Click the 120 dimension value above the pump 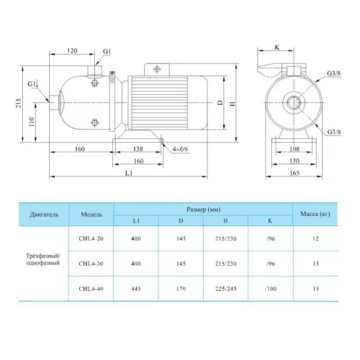pyautogui.click(x=72, y=50)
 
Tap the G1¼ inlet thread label pyautogui.click(x=33, y=84)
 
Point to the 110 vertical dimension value pyautogui.click(x=32, y=122)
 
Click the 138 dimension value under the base pyautogui.click(x=138, y=149)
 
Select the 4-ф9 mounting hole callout pyautogui.click(x=180, y=149)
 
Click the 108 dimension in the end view pyautogui.click(x=294, y=149)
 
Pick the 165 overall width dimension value pyautogui.click(x=294, y=173)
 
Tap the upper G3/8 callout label pyautogui.click(x=333, y=73)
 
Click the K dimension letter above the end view pyautogui.click(x=277, y=48)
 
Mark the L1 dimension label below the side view pyautogui.click(x=129, y=173)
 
